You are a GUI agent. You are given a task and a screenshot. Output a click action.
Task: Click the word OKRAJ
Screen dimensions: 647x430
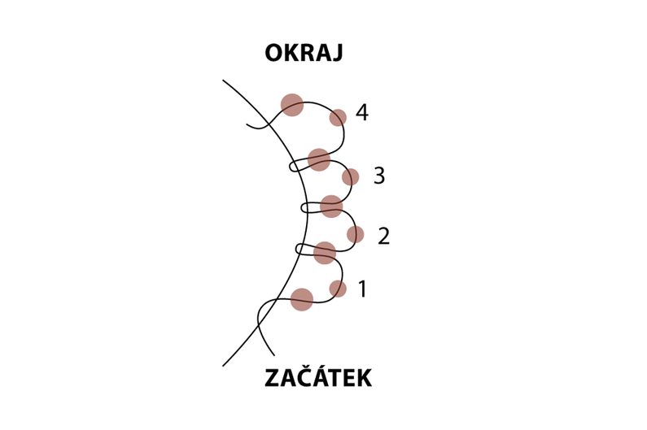[x=304, y=53]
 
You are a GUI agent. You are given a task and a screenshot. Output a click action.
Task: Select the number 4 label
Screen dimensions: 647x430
[x=361, y=112]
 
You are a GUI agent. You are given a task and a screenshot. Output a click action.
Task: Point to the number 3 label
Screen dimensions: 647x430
[x=379, y=176]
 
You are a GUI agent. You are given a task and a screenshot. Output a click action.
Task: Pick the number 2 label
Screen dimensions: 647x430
[x=384, y=237]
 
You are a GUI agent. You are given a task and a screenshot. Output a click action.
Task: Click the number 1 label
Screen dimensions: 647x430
[x=362, y=289]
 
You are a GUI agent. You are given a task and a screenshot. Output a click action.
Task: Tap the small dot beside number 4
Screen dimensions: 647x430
[x=338, y=118]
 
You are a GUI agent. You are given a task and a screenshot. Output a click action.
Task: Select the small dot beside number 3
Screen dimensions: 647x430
[x=350, y=177]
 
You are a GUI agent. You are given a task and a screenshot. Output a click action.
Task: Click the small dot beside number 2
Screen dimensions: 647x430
[x=356, y=235]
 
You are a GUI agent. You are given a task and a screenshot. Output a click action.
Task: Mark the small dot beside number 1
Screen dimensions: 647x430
[x=338, y=289]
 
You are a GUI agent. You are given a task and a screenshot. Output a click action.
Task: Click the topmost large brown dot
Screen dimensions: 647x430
[x=292, y=105]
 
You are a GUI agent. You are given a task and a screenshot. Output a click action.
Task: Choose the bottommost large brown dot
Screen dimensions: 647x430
[x=302, y=299]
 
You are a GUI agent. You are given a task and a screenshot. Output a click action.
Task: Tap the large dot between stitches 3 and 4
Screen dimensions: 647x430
[x=319, y=159]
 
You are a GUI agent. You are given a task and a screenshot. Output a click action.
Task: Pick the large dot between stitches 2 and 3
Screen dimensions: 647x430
[x=331, y=206]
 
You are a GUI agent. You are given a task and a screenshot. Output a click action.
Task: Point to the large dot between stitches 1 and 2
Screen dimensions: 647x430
[x=325, y=253]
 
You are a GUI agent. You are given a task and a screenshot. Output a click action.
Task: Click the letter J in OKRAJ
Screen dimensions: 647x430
[x=337, y=54]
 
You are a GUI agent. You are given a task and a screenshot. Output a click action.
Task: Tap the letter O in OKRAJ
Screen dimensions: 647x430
[x=274, y=53]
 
